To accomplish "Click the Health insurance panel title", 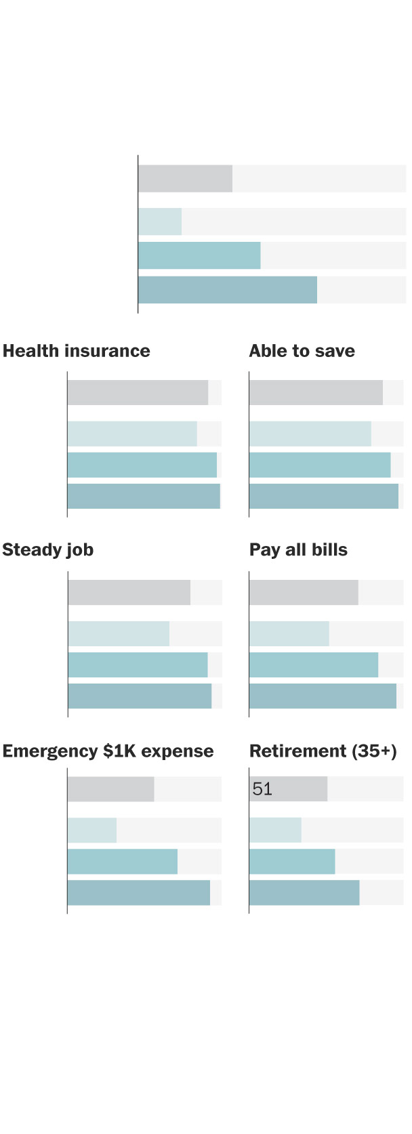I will tap(77, 351).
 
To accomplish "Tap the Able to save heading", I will tap(302, 351).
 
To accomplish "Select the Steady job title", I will tap(48, 549).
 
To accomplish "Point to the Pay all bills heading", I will tap(298, 549).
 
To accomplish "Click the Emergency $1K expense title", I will tap(108, 751).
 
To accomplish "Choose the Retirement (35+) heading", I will tap(323, 751).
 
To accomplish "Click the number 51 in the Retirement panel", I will tap(262, 789).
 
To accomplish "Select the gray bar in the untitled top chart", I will tap(185, 178).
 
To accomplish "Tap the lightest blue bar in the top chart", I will tap(160, 222).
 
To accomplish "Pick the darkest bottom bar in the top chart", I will tap(227, 290).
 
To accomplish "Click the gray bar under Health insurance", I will tap(138, 392).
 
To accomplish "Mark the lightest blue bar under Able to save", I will tap(310, 434).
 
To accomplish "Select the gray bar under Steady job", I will tap(129, 592).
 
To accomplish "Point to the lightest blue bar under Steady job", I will tap(119, 633).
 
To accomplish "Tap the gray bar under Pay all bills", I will tap(304, 592).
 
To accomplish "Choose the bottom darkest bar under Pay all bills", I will tap(323, 696).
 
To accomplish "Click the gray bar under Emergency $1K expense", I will tap(110, 789).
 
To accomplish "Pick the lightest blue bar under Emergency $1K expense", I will tap(92, 830).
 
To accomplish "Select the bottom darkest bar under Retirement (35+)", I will tap(304, 892).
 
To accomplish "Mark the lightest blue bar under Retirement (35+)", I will tap(275, 830).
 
